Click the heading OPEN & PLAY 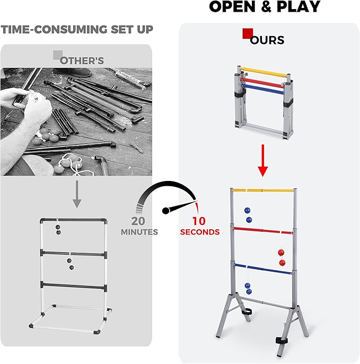(265, 7)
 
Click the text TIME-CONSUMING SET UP (77, 29)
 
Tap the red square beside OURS (247, 33)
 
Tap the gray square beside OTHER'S (57, 54)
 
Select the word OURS (268, 40)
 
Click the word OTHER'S (82, 60)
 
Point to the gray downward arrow (76, 194)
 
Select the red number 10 (199, 221)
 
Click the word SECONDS (199, 232)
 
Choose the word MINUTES (139, 232)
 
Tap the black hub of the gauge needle (166, 210)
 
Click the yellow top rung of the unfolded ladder (262, 189)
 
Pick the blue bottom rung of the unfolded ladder (262, 269)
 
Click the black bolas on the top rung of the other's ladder (58, 228)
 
